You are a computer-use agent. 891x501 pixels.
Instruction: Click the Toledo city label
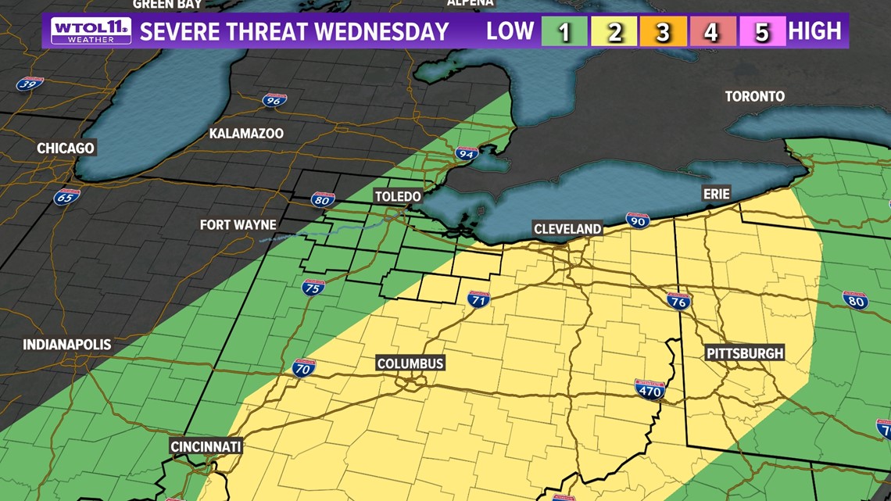[398, 196]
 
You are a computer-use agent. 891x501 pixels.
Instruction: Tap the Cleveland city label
[567, 229]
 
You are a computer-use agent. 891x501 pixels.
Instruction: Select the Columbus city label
[410, 363]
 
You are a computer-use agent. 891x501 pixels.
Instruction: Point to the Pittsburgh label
[744, 353]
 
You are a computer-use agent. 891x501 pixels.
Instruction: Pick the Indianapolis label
[67, 345]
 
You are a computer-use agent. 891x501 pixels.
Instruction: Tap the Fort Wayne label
[238, 225]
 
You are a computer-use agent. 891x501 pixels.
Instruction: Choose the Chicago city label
[66, 148]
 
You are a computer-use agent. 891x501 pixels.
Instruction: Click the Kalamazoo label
[246, 134]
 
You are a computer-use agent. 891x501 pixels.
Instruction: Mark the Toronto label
[754, 96]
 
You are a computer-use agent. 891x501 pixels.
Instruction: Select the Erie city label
[716, 193]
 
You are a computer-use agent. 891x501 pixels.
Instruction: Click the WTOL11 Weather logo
[91, 31]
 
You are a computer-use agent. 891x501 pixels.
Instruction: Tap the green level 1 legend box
[564, 31]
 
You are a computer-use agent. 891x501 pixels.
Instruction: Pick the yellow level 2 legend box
[614, 31]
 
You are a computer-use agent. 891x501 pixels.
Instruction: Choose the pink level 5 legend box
[762, 31]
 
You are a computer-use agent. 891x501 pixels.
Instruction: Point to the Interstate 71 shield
[478, 299]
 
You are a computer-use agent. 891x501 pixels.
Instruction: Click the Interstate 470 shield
[649, 388]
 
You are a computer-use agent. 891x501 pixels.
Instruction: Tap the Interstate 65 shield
[66, 196]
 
